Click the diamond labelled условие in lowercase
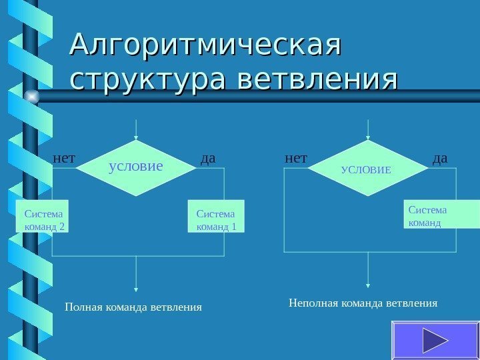pos(136,167)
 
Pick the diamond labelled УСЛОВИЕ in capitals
pos(367,169)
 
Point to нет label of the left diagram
pos(64,159)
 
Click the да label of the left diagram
pos(208,159)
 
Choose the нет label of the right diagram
pos(296,159)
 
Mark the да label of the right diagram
pos(440,159)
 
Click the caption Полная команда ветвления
pos(133,307)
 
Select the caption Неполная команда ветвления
pos(363,303)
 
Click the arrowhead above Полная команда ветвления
pos(136,289)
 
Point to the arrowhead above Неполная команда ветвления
pos(368,285)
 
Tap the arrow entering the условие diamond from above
pos(136,130)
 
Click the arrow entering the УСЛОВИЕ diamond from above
pos(368,130)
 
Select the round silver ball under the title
pos(31,97)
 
